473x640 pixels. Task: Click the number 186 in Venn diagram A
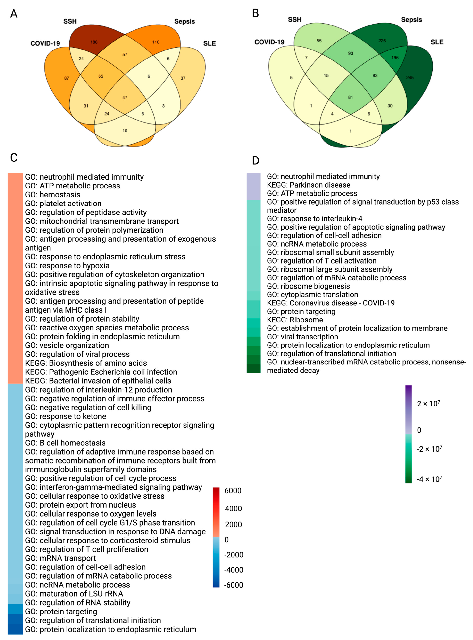click(94, 42)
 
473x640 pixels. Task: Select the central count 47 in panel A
click(125, 97)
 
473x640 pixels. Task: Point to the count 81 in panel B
click(350, 97)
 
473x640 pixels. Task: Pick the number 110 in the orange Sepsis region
click(156, 42)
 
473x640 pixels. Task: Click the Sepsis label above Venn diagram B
click(411, 20)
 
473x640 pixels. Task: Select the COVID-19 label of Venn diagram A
click(45, 44)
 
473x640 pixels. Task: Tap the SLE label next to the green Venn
click(437, 42)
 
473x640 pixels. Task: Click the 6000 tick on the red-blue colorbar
click(233, 490)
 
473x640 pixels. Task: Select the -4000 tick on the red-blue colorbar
click(234, 570)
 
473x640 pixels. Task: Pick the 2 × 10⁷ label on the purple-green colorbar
click(428, 404)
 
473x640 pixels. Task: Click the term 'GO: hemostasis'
click(53, 195)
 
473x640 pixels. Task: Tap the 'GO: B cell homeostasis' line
click(65, 443)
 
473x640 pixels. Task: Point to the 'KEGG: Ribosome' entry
click(295, 320)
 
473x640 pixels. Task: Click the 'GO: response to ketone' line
click(66, 416)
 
